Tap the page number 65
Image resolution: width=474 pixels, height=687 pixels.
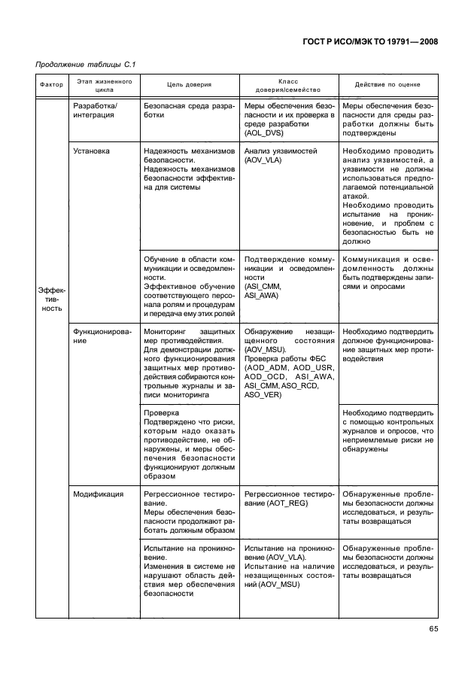[x=433, y=630]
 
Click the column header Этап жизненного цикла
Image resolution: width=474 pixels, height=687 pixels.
[x=105, y=85]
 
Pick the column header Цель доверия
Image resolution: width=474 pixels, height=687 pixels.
[x=189, y=85]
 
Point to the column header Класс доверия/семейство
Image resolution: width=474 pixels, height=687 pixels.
[x=288, y=85]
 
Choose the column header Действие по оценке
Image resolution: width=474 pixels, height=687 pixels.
[x=387, y=85]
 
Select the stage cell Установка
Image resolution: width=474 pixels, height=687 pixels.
[x=91, y=151]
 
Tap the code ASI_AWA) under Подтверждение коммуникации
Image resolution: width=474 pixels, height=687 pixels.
[x=262, y=296]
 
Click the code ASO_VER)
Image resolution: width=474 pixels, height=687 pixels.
[x=263, y=394]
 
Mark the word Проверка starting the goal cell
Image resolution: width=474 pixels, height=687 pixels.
[x=161, y=413]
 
